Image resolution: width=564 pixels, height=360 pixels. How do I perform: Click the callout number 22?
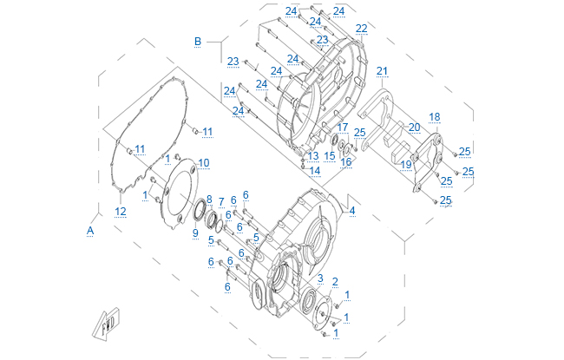[361, 29]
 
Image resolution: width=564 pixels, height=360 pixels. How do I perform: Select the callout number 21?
[382, 70]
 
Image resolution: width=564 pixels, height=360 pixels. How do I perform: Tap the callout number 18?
[434, 116]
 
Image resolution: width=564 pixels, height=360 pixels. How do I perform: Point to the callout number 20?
[414, 127]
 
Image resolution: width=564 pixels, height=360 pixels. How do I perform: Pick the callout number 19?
[405, 165]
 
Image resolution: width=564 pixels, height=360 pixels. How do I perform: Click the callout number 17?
[343, 127]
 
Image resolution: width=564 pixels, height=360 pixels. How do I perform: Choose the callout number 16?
[346, 161]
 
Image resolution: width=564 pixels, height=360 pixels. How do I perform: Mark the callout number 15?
[330, 155]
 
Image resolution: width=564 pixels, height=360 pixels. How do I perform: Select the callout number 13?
[313, 155]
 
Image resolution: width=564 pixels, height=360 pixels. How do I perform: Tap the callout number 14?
[315, 171]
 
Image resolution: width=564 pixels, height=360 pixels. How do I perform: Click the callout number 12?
[121, 211]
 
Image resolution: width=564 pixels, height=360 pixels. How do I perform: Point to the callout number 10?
[204, 162]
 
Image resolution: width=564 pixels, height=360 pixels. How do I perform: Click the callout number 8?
[208, 200]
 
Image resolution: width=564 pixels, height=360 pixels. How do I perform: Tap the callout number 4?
[352, 210]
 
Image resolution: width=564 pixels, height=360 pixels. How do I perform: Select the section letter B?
[197, 41]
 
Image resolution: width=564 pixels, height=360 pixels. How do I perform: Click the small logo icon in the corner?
[106, 324]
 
